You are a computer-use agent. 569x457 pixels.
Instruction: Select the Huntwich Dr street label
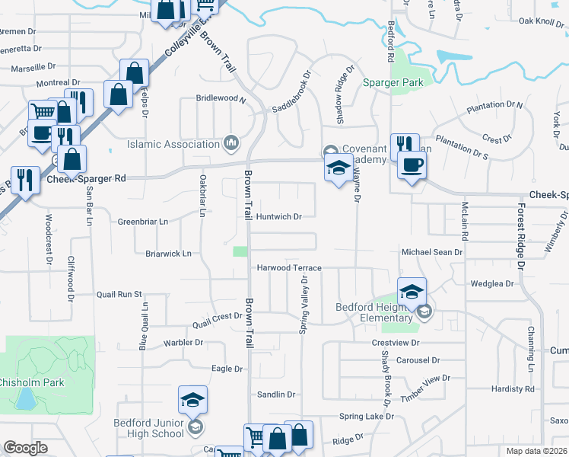coord(279,216)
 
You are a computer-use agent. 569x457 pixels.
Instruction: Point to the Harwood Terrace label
coord(288,268)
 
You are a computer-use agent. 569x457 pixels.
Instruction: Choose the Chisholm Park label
coord(31,382)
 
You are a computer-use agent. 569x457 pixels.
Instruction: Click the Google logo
coord(25,448)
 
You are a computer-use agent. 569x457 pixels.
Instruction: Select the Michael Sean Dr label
coord(432,251)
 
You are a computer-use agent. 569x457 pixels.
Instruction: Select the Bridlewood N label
coord(221,99)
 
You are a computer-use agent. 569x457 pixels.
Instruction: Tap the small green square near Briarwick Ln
coord(240,252)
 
